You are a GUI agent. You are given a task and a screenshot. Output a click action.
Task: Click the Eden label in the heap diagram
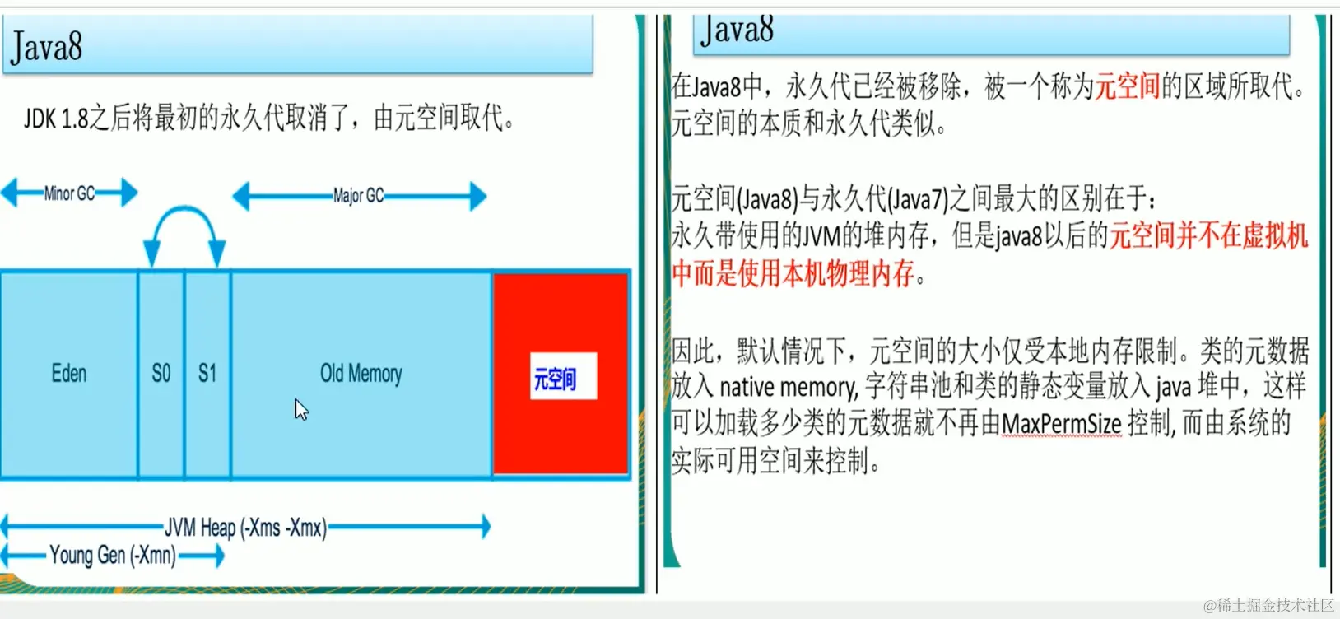coord(69,374)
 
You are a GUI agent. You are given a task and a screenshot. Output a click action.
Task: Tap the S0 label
coord(161,374)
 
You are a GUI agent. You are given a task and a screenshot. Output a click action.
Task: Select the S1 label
coord(207,374)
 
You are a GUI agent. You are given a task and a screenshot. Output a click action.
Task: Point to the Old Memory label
coord(361,374)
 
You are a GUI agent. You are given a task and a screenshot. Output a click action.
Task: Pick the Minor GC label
coord(69,193)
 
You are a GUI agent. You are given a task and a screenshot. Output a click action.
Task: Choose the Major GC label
coord(358,196)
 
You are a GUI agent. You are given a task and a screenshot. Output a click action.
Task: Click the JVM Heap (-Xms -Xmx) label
coord(245,527)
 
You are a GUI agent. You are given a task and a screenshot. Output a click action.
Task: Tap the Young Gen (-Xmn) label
coord(113,556)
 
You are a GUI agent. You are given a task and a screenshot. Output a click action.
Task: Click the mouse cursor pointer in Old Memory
coord(301,409)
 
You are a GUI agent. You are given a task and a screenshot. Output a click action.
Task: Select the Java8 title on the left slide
coord(47,46)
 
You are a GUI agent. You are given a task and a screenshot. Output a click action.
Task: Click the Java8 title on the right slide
coord(737,30)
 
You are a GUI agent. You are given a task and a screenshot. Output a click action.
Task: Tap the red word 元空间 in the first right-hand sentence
coord(1127,86)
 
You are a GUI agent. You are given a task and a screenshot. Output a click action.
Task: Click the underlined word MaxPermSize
coord(1061,424)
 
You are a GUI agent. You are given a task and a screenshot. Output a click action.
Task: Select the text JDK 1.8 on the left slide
coord(56,119)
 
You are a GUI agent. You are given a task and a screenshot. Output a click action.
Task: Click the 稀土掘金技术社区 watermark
coord(1268,606)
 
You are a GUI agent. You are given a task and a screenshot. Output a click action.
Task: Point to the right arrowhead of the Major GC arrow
coord(477,196)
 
